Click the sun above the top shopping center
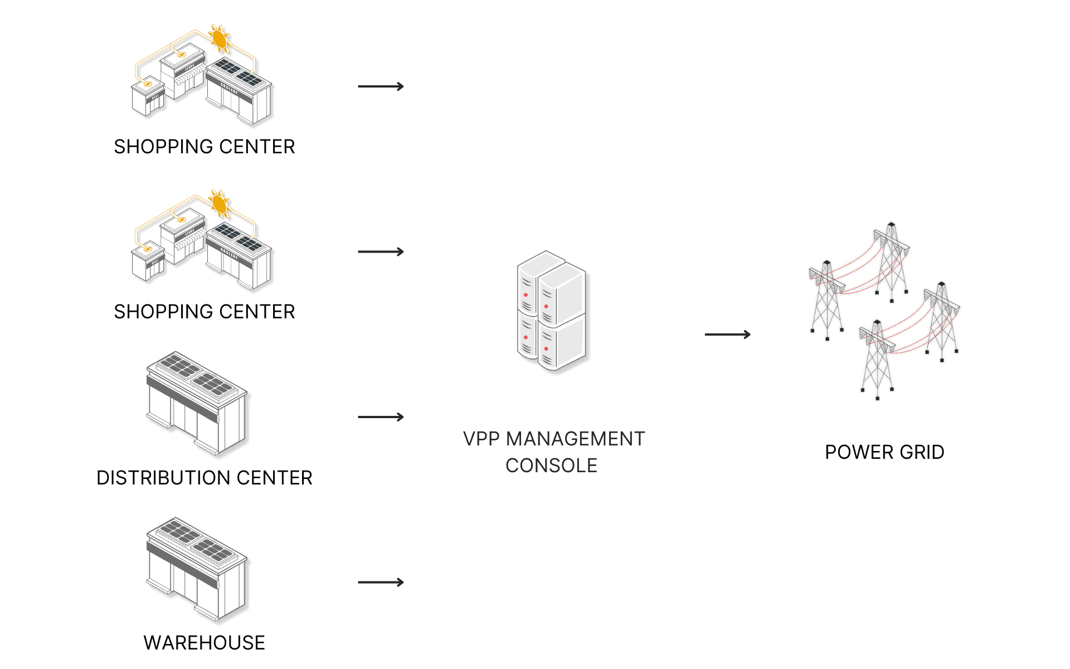(220, 38)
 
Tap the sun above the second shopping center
(220, 204)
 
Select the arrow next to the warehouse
(381, 582)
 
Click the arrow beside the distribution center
(381, 417)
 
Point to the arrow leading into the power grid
(727, 334)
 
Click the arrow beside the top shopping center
(381, 86)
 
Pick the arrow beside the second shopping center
(381, 252)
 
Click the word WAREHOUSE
(204, 643)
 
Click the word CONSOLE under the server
(551, 466)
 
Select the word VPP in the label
(481, 439)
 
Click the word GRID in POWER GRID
(922, 452)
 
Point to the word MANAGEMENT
(575, 439)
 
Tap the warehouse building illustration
(197, 569)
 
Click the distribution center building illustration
(197, 403)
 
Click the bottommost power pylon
(877, 360)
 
